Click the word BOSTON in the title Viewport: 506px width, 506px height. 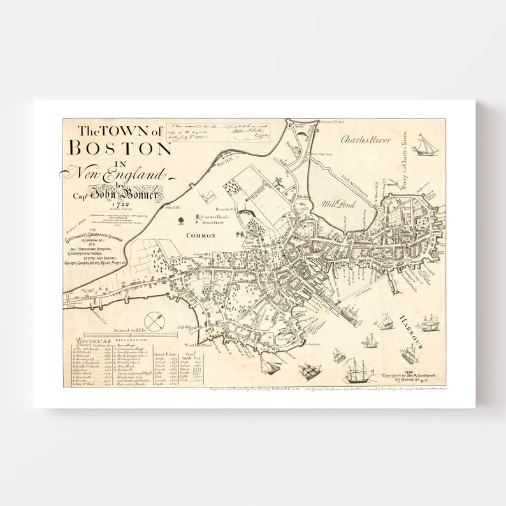[x=120, y=148]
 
